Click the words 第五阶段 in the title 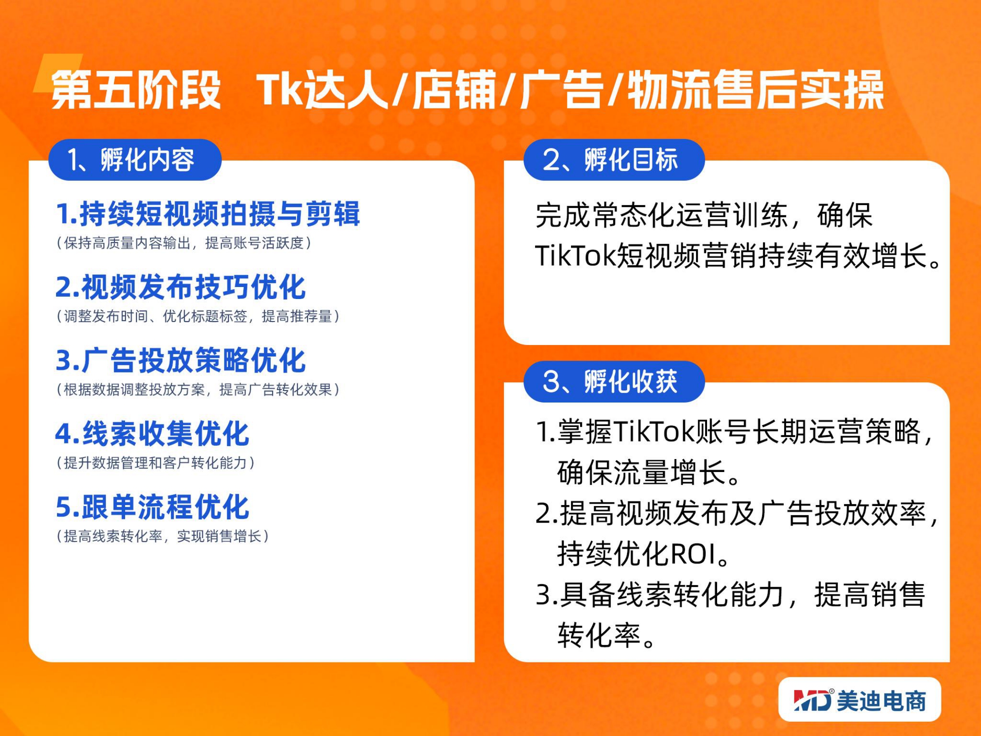tap(136, 90)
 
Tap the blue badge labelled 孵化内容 tap(135, 160)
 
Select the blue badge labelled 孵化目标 tap(614, 160)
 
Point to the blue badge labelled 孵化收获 tap(614, 381)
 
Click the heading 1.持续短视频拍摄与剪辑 tap(208, 214)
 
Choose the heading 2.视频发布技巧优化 tap(180, 287)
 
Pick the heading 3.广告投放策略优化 tap(180, 360)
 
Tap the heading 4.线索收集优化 tap(152, 433)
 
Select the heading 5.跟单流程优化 tap(152, 506)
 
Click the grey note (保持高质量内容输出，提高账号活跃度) tap(184, 243)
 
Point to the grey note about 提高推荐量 tap(198, 316)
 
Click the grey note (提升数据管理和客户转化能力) tap(155, 463)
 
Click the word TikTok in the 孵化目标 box tap(575, 255)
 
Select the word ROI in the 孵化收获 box tap(693, 554)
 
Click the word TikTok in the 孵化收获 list tap(653, 432)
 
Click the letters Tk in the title tap(280, 90)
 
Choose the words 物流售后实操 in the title tap(755, 90)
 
